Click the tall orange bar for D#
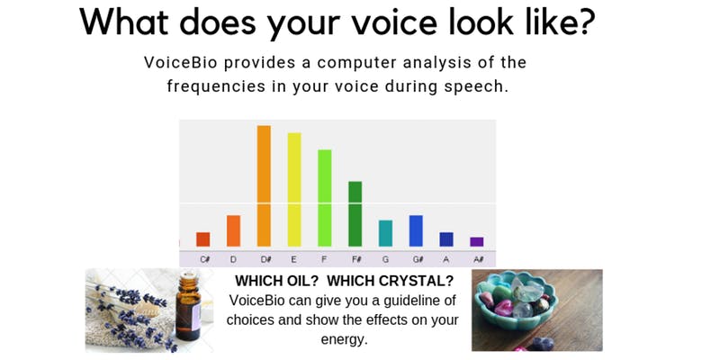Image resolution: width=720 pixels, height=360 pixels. [264, 185]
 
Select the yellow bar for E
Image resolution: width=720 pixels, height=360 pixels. [293, 189]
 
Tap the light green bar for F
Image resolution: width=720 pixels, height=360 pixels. [324, 198]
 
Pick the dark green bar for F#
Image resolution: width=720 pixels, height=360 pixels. [355, 214]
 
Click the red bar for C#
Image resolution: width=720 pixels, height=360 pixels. [202, 239]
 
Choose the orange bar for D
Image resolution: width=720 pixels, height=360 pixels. [233, 230]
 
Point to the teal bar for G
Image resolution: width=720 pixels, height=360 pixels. [385, 233]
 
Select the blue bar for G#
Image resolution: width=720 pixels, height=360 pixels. [416, 230]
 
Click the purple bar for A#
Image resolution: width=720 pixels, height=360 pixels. [477, 241]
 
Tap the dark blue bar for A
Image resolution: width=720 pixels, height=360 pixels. [446, 239]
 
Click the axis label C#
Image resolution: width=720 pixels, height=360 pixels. [204, 259]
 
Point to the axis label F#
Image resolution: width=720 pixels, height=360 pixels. [356, 259]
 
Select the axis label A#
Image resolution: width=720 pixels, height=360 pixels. [478, 259]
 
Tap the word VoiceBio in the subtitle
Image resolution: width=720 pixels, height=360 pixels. [177, 63]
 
